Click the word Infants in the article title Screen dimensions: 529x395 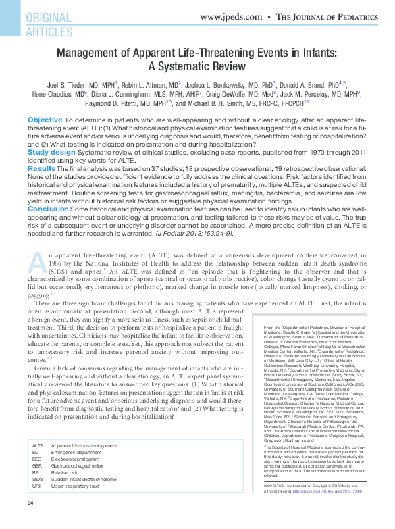(305, 53)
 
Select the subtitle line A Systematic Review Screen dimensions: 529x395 (197, 67)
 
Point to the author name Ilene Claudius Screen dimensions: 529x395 (56, 95)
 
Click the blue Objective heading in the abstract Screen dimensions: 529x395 (45, 120)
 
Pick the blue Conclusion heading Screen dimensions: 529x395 (48, 209)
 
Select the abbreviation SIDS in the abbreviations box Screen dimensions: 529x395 (38, 480)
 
